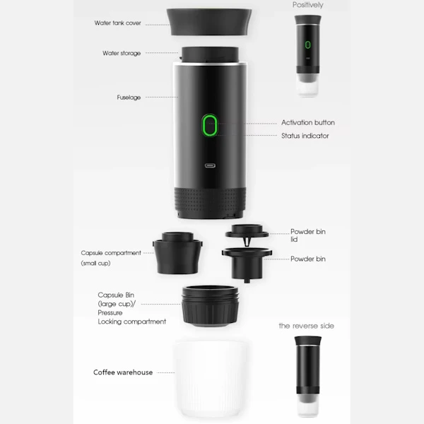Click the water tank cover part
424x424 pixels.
(x=209, y=22)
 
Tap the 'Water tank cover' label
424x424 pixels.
(x=117, y=23)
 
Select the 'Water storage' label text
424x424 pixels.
(x=122, y=53)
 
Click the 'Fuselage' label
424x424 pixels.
(x=129, y=98)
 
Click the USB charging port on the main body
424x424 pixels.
(x=210, y=165)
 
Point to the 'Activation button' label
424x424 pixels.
(x=308, y=122)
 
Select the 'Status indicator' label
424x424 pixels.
(x=305, y=136)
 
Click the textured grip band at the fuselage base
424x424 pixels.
(x=210, y=202)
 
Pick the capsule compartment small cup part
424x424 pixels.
(x=177, y=253)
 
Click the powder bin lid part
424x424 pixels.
(x=247, y=233)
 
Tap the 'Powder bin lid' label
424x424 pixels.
(x=308, y=235)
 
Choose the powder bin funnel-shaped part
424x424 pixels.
(x=247, y=264)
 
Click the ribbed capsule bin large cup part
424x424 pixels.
(x=211, y=305)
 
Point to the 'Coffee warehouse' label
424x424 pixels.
(x=123, y=372)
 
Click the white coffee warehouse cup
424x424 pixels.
(x=210, y=379)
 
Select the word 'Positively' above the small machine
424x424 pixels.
(x=307, y=5)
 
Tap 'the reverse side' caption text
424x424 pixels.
(x=307, y=326)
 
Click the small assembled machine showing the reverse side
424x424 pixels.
(x=307, y=375)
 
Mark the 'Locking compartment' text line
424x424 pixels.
(x=132, y=322)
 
